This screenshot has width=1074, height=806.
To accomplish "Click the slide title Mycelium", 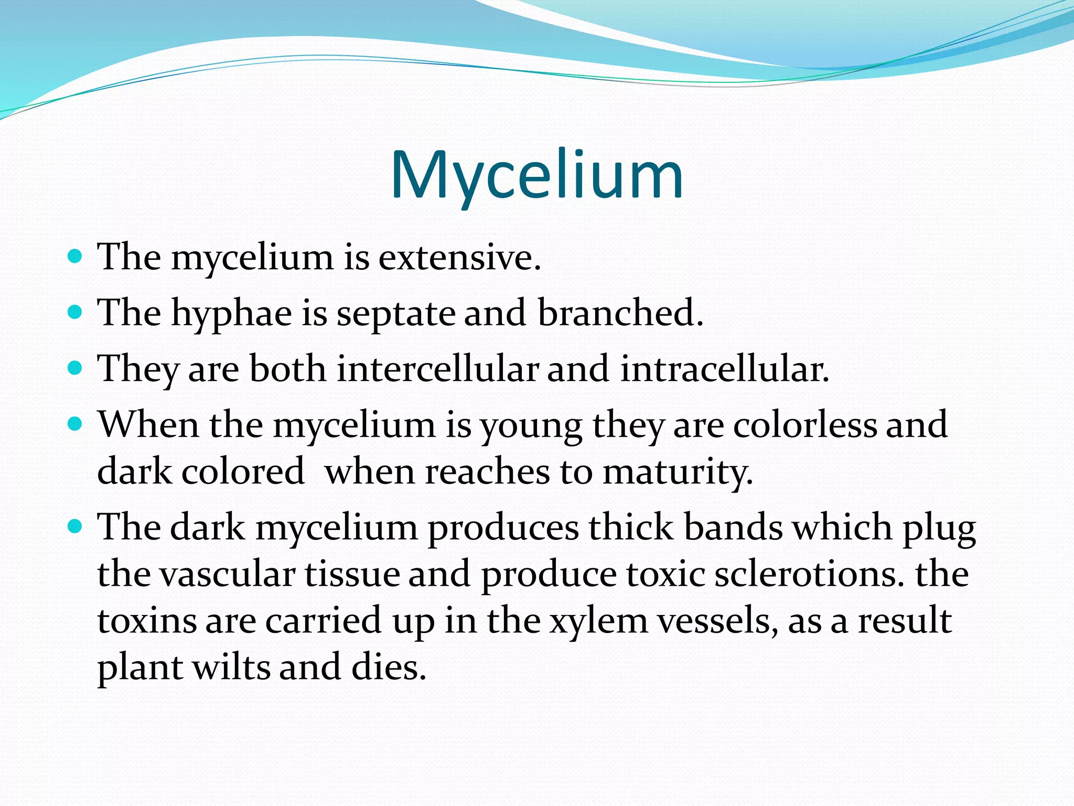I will pyautogui.click(x=536, y=176).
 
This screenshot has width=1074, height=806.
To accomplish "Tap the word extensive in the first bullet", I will pyautogui.click(x=459, y=258).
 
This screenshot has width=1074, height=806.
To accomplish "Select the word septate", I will pyautogui.click(x=395, y=314).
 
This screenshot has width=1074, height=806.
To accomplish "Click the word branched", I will pyautogui.click(x=620, y=313).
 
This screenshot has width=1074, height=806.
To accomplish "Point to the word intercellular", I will pyautogui.click(x=437, y=369).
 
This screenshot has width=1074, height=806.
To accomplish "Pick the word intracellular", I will pyautogui.click(x=724, y=369).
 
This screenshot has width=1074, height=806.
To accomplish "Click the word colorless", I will pyautogui.click(x=804, y=425).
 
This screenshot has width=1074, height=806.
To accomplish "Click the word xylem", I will pyautogui.click(x=598, y=621).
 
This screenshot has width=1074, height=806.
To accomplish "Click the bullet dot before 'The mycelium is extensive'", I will pyautogui.click(x=76, y=257).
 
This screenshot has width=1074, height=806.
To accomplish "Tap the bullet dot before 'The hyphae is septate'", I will pyautogui.click(x=76, y=312).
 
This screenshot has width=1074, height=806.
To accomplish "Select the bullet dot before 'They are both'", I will pyautogui.click(x=76, y=368).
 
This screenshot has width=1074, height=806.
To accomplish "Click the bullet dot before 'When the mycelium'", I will pyautogui.click(x=76, y=423).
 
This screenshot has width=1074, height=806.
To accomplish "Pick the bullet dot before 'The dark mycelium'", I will pyautogui.click(x=76, y=526).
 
